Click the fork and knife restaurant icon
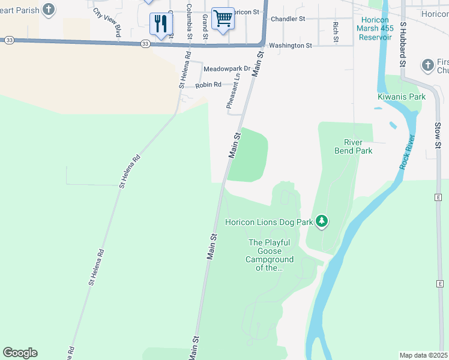click(161, 24)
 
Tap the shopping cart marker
click(223, 19)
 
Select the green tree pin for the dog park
click(322, 221)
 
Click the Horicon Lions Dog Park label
click(269, 222)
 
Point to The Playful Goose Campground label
click(270, 255)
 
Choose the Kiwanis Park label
click(402, 97)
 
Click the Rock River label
click(408, 153)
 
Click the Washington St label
click(291, 45)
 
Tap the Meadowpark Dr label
click(226, 69)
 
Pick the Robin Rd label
click(208, 85)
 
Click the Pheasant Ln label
click(234, 91)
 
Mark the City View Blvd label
click(107, 22)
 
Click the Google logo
click(20, 353)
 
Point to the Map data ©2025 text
click(423, 355)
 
